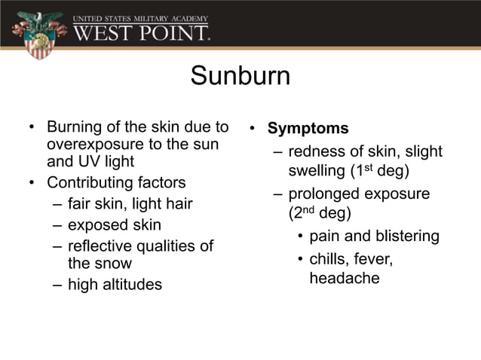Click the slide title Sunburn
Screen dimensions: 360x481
coord(240,76)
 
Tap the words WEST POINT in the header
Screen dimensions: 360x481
coord(141,33)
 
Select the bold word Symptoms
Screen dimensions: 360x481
coord(308,128)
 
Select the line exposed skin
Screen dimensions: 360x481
coord(115,225)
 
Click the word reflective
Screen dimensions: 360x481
coord(100,246)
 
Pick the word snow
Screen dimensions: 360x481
coord(113,264)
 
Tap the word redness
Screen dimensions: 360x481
coord(317,151)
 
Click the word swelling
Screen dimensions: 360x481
coord(315,171)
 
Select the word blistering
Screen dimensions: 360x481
coord(403,236)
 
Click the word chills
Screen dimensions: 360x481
coord(328,259)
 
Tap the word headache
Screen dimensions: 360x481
coord(344,278)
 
